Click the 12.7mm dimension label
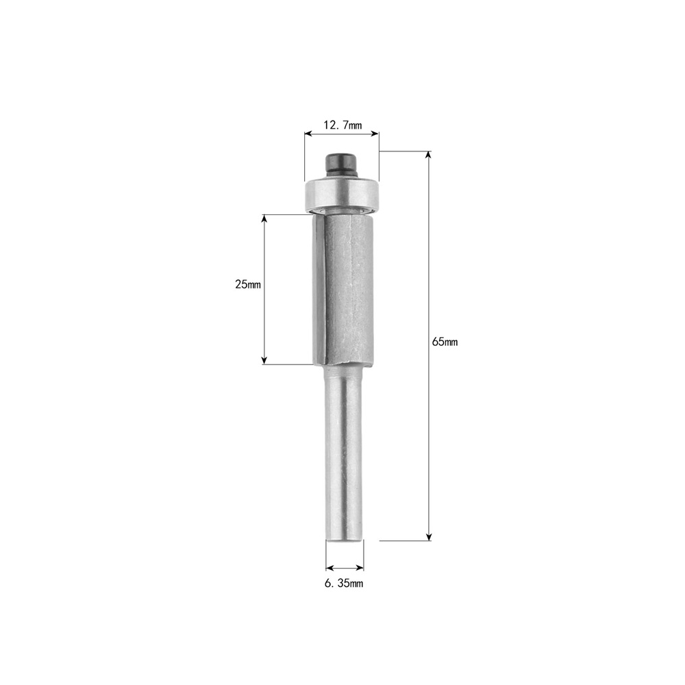[x=342, y=125]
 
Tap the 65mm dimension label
[x=445, y=342]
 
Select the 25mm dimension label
[x=248, y=284]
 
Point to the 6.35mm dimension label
[x=344, y=583]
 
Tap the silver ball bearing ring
[x=342, y=194]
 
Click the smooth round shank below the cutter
[x=345, y=454]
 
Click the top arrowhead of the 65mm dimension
[x=429, y=155]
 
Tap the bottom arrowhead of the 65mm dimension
[x=429, y=536]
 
